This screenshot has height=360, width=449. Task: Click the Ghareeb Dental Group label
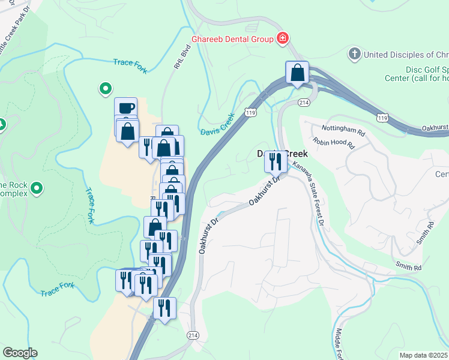(x=232, y=39)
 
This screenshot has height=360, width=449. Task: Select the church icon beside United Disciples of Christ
(x=354, y=54)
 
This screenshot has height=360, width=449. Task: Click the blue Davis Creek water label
(x=217, y=124)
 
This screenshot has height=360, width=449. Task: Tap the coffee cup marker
(x=125, y=108)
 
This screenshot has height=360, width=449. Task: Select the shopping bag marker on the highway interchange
(x=297, y=73)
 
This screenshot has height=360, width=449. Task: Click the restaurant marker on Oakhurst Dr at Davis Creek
(x=276, y=161)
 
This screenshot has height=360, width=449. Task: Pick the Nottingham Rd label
(x=343, y=130)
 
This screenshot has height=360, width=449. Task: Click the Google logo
(x=19, y=353)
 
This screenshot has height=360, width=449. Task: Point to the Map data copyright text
(x=423, y=355)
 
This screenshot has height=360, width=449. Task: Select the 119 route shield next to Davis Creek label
(x=250, y=112)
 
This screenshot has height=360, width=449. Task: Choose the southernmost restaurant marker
(x=164, y=308)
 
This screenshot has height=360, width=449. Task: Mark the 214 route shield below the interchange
(x=304, y=103)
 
